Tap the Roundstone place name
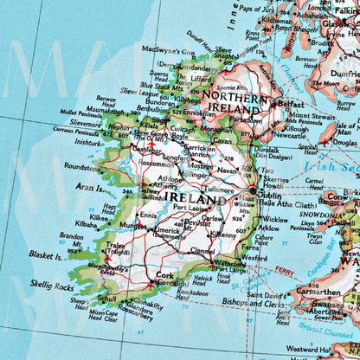82,167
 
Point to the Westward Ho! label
332,350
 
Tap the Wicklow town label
276,220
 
